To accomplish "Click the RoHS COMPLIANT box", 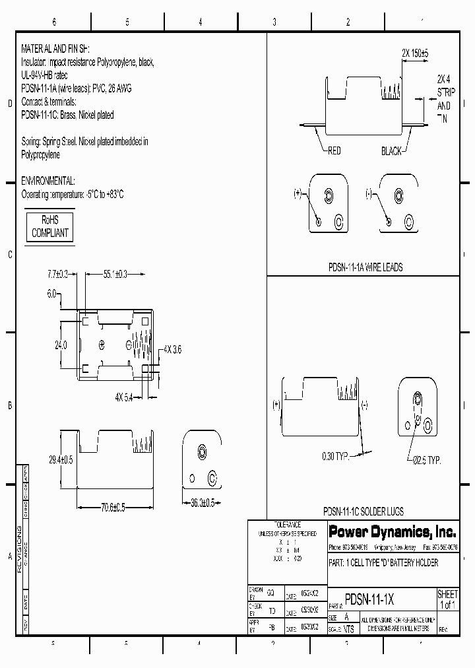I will (x=50, y=227).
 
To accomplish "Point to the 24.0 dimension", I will (x=61, y=344).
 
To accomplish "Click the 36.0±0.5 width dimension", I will (x=205, y=503).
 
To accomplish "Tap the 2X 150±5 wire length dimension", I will (x=415, y=53).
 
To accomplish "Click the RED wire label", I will (x=334, y=151).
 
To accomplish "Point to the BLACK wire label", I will (x=391, y=151).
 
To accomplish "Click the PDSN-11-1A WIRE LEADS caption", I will (x=365, y=267).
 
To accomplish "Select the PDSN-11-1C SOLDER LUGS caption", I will (x=364, y=512).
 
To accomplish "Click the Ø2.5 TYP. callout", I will (x=423, y=459).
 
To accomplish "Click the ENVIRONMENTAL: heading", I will (x=48, y=181).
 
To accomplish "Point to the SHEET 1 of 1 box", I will (x=447, y=600).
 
